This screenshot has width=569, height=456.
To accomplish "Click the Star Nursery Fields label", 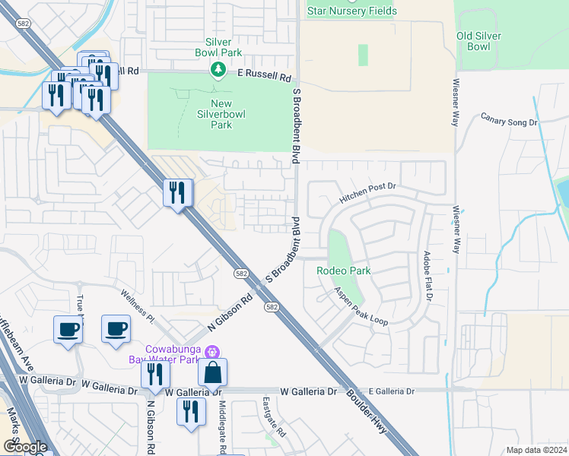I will tap(352, 11).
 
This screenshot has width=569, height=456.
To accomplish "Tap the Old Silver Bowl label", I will tap(483, 41).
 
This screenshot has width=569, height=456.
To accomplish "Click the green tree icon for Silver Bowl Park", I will tap(218, 70).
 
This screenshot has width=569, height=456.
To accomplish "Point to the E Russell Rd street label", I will tap(264, 77).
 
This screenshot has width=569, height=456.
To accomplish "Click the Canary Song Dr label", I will tap(509, 119).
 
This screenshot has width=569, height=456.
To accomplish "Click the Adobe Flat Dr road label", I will tap(428, 277).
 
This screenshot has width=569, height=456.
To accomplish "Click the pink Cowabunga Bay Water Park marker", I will tap(211, 351).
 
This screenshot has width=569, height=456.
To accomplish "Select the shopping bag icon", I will tap(212, 372).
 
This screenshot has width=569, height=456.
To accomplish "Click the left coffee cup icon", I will tap(68, 330).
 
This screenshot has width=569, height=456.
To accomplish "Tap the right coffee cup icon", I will tap(116, 328).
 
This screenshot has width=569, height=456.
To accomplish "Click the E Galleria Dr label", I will tap(391, 391).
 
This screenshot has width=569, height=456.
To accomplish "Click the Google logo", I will tap(25, 447).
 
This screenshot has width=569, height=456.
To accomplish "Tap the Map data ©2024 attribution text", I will tap(536, 450).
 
